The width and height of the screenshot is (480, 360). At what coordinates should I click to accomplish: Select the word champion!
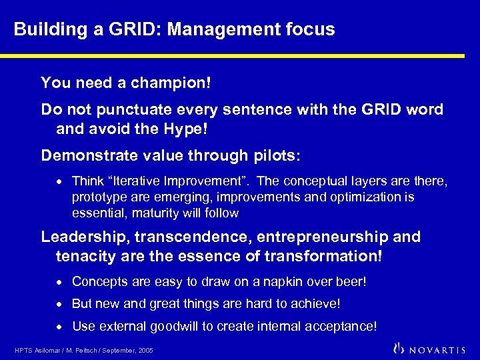pyautogui.click(x=172, y=83)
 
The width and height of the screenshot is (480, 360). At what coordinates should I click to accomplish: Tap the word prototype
pyautogui.click(x=97, y=197)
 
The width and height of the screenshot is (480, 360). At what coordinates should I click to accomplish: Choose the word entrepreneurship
pyautogui.click(x=319, y=237)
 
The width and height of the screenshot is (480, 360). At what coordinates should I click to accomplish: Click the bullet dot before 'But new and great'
pyautogui.click(x=61, y=304)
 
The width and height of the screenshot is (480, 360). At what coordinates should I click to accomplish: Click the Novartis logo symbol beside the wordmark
pyautogui.click(x=399, y=347)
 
